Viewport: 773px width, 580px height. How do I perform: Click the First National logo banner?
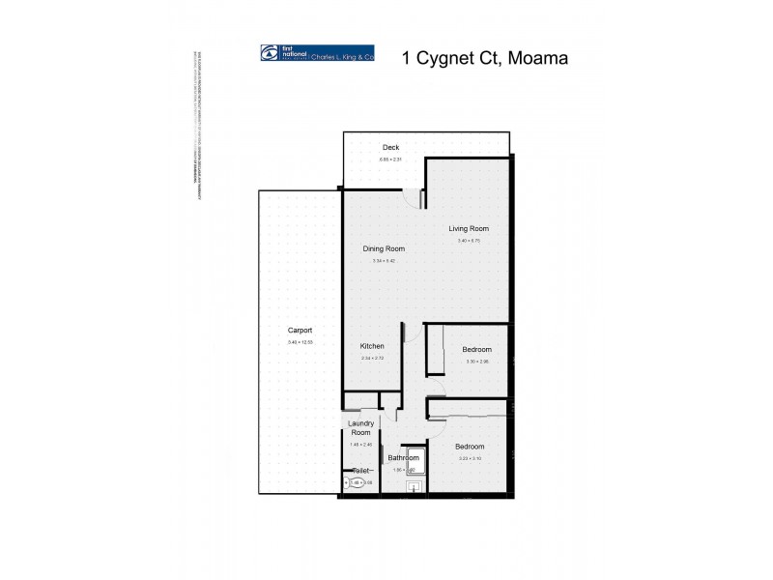(318, 56)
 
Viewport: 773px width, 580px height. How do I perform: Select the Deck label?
(390, 148)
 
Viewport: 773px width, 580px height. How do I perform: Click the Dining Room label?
(384, 248)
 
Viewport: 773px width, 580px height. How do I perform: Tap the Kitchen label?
(372, 346)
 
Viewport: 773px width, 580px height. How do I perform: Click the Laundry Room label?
(360, 427)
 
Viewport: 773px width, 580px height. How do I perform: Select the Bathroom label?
(403, 457)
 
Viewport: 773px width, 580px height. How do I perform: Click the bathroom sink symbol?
(415, 487)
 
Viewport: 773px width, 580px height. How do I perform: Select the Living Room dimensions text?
(470, 241)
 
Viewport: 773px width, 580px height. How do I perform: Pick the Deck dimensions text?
(390, 159)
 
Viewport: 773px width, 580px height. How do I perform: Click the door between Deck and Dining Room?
(421, 197)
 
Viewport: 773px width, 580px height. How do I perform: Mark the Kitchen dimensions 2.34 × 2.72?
(372, 359)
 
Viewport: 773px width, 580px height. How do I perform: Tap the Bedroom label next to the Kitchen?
(477, 349)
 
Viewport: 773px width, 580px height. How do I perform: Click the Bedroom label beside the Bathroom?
(471, 446)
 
